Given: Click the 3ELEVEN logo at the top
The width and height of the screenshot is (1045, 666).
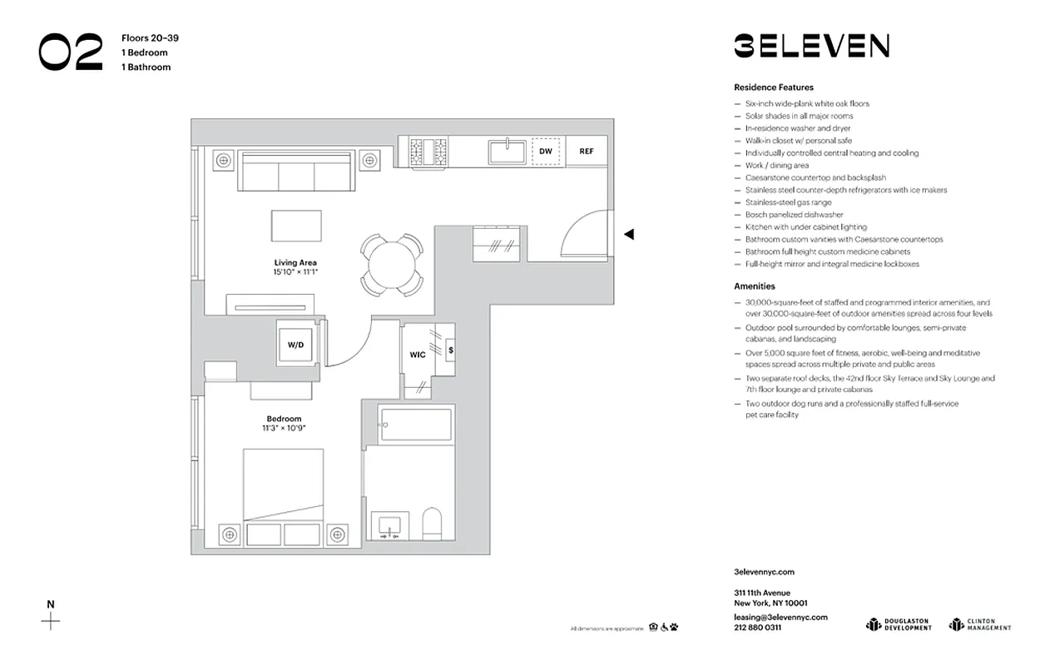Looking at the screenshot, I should pyautogui.click(x=811, y=46).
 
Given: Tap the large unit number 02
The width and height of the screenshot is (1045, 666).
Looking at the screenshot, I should pyautogui.click(x=71, y=52).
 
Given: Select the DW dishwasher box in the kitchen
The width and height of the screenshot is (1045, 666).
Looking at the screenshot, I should pyautogui.click(x=546, y=152).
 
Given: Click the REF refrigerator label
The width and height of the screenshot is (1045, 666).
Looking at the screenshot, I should pyautogui.click(x=587, y=152).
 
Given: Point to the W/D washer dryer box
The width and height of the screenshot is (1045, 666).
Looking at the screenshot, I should pyautogui.click(x=296, y=344).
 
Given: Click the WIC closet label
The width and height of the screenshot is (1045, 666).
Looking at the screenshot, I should pyautogui.click(x=418, y=355).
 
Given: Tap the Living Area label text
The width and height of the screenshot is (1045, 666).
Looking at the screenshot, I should pyautogui.click(x=295, y=263).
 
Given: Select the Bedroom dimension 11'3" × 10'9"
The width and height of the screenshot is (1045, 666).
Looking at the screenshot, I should pyautogui.click(x=284, y=428).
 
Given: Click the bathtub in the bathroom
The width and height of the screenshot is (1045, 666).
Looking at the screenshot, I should pyautogui.click(x=414, y=425).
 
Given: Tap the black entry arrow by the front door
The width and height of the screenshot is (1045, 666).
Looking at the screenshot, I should pyautogui.click(x=629, y=235).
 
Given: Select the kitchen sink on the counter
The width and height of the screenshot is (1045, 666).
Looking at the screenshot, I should pyautogui.click(x=506, y=152).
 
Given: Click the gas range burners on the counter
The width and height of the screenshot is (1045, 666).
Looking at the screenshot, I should pyautogui.click(x=428, y=152).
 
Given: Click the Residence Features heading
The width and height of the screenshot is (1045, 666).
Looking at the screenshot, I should pyautogui.click(x=773, y=87).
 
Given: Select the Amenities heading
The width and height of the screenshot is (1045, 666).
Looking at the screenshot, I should pyautogui.click(x=754, y=286).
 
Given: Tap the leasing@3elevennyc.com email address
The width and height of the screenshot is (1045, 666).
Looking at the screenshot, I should pyautogui.click(x=780, y=617).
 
